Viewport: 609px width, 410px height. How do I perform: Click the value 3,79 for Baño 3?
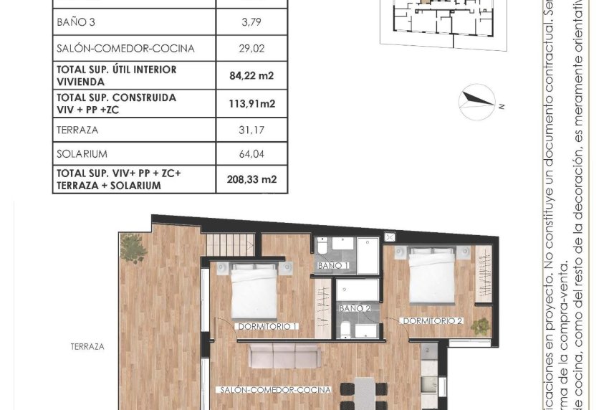(x=251, y=22)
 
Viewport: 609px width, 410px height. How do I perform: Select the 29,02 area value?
(x=251, y=49)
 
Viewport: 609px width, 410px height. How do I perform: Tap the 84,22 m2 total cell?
(x=251, y=75)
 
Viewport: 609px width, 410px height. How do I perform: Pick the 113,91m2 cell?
(x=251, y=103)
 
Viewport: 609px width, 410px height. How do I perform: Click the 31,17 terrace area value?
(x=251, y=130)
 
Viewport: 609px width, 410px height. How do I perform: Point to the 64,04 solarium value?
(x=251, y=154)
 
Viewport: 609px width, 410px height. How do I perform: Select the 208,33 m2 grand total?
(x=251, y=179)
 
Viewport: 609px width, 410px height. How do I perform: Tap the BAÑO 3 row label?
(x=75, y=22)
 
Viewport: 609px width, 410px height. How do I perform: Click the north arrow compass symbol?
(x=477, y=101)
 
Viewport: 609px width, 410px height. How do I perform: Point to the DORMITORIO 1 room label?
(x=267, y=326)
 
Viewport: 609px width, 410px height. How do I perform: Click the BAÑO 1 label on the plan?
(x=333, y=266)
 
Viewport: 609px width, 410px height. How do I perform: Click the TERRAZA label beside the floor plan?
(x=87, y=346)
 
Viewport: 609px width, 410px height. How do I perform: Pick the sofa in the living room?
(x=283, y=356)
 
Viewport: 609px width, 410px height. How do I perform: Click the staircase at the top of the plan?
(x=231, y=243)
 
